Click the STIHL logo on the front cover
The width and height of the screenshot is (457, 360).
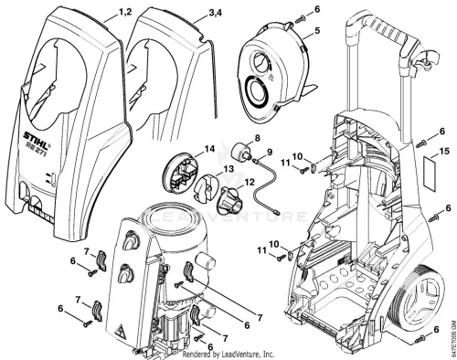[x=37, y=138]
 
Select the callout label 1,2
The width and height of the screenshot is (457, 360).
[x=125, y=12]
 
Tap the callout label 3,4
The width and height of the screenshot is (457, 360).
[x=215, y=14]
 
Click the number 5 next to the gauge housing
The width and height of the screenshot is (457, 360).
[x=317, y=31]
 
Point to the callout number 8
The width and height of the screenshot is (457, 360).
[x=258, y=138]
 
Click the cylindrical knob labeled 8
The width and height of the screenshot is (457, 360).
[x=242, y=152]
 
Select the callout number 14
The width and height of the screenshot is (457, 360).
[x=209, y=149]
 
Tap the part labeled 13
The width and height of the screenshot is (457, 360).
[x=206, y=188]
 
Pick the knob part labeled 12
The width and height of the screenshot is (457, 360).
[x=229, y=199]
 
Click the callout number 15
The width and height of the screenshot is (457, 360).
[x=444, y=151]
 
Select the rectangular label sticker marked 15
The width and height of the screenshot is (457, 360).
[x=430, y=172]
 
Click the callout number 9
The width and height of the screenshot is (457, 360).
[x=269, y=152]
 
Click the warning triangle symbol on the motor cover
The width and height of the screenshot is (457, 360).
[x=121, y=331]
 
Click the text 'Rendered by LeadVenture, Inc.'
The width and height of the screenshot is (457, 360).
[x=228, y=355]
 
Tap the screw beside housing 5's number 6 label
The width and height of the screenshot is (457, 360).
[x=299, y=20]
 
